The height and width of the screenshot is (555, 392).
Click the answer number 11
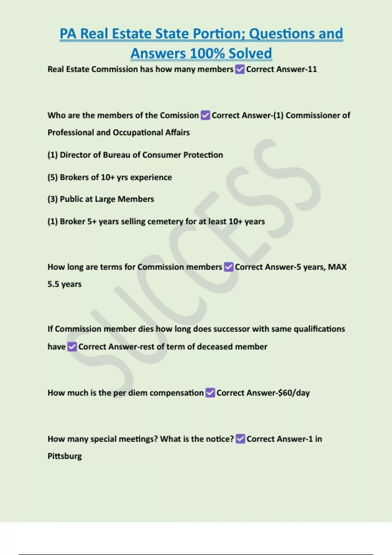pos(312,69)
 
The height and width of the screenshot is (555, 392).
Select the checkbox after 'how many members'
pos(240,69)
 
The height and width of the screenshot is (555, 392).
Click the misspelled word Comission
pos(179,115)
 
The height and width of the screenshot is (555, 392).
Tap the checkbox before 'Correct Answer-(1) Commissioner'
pos(205,115)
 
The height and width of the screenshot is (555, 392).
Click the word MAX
pos(337,267)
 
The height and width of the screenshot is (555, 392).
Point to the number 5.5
pos(53,284)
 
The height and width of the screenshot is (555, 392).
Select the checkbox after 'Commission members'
pos(229,267)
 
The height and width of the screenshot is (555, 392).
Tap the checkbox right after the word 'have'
pos(72,347)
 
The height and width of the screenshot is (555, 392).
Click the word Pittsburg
pos(65,456)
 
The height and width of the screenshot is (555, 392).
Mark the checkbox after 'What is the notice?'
pos(240,439)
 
